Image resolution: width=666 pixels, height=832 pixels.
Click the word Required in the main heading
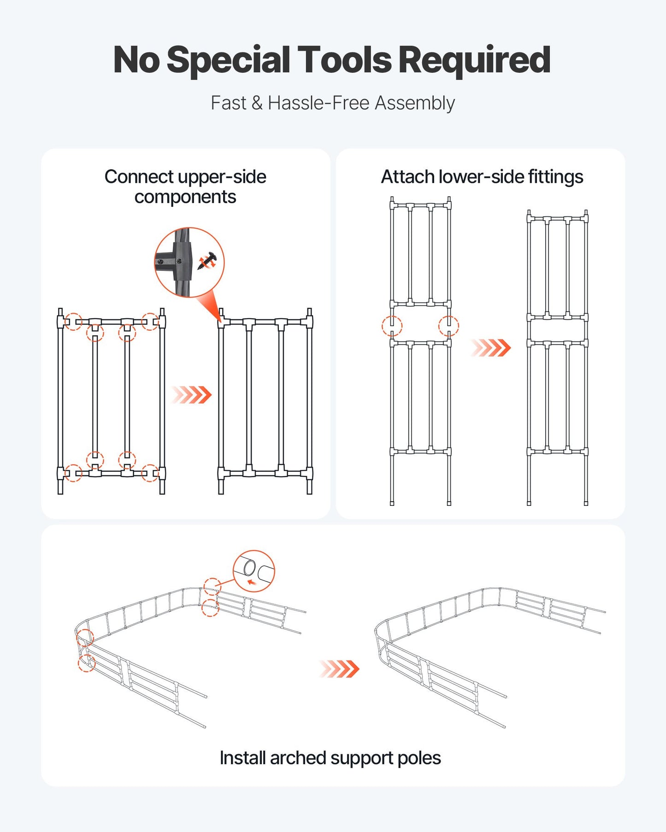[x=474, y=60]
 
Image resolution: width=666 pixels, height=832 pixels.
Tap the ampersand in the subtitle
[x=257, y=103]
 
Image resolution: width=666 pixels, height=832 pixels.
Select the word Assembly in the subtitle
[x=414, y=103]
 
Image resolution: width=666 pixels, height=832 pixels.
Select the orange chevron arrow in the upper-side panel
[x=192, y=395]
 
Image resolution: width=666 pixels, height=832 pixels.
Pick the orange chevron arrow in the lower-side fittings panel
[x=491, y=348]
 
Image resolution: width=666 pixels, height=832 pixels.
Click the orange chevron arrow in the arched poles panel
[x=339, y=669]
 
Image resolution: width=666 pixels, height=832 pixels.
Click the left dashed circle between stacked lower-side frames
[x=392, y=326]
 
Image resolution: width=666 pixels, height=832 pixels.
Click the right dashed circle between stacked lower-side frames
[x=448, y=326]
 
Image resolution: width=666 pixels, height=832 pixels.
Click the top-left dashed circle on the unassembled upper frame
[x=73, y=322]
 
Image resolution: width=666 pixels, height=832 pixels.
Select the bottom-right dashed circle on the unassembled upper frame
[x=150, y=473]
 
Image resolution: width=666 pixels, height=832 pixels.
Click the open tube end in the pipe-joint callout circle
[x=249, y=567]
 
